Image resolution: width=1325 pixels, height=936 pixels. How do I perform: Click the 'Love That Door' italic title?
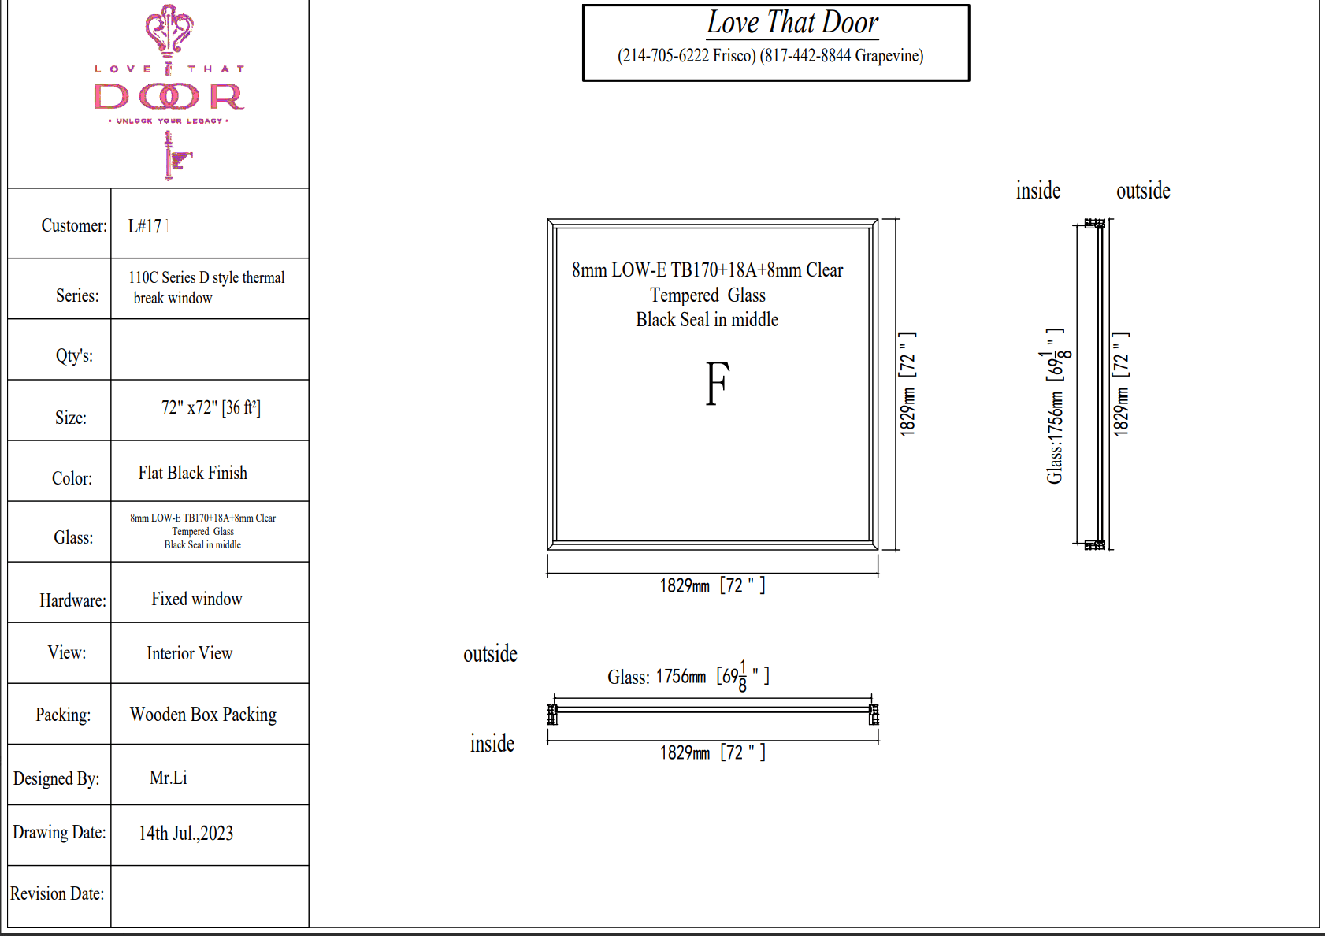[792, 23]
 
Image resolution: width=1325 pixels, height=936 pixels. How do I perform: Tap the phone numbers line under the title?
[770, 56]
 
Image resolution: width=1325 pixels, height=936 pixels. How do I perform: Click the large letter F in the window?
[718, 383]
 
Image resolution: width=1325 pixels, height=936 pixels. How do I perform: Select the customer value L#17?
[145, 226]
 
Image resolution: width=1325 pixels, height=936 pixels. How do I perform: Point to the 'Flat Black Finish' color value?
[193, 473]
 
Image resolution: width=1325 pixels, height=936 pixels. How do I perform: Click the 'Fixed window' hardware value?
[196, 599]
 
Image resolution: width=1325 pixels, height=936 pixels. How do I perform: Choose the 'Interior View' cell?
[189, 653]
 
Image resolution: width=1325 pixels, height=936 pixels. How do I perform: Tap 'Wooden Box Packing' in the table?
[203, 715]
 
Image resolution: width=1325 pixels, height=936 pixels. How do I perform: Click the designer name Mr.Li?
[168, 778]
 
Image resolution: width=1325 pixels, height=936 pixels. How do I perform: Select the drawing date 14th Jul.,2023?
[186, 833]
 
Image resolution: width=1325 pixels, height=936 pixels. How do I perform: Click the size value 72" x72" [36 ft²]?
[211, 407]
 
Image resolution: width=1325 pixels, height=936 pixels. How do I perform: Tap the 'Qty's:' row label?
[74, 355]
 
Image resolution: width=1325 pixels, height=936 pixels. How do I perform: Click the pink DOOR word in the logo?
[169, 96]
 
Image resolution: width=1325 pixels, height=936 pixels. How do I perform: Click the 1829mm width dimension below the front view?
[712, 585]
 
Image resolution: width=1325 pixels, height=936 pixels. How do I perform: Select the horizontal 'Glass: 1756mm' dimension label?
[688, 676]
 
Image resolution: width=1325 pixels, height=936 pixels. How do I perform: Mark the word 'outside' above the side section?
[1143, 191]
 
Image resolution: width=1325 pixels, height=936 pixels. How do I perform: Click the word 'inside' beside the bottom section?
[492, 744]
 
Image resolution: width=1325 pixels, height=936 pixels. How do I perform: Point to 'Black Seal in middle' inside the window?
[707, 320]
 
